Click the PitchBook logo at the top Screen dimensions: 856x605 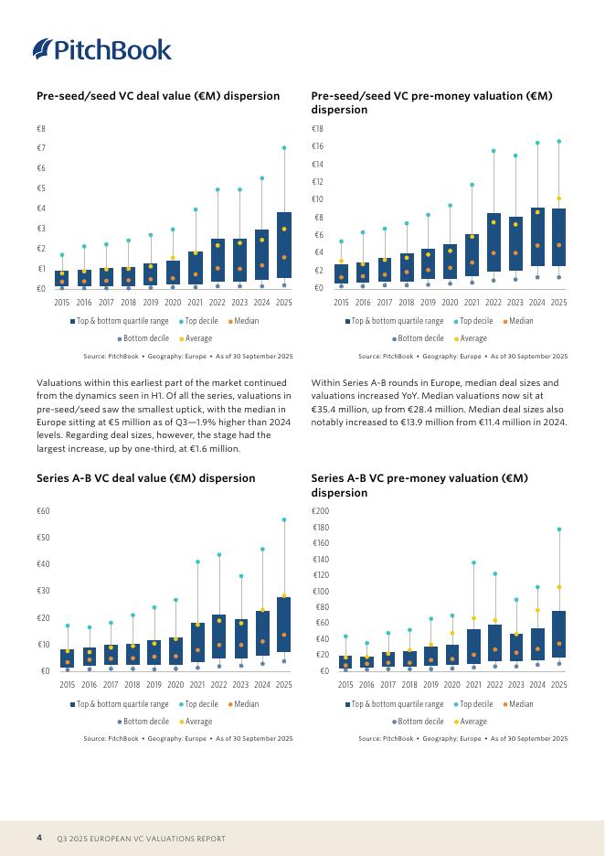click(101, 49)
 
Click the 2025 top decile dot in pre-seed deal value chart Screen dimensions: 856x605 click(284, 147)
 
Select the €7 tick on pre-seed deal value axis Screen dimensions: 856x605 click(41, 148)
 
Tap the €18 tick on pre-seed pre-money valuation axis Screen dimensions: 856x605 click(317, 129)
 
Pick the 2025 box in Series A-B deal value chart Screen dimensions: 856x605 click(284, 625)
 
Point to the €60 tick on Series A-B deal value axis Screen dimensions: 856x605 click(43, 511)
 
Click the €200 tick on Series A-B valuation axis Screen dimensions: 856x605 click(321, 511)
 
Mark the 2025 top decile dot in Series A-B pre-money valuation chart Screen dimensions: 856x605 click(559, 530)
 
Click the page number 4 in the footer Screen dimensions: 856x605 click(39, 838)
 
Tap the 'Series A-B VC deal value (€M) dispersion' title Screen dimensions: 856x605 click(145, 477)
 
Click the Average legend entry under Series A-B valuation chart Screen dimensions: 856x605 click(468, 722)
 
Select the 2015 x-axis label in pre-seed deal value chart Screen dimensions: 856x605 click(62, 302)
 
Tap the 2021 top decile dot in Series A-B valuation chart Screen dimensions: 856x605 click(473, 562)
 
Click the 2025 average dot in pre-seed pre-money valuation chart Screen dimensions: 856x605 click(559, 198)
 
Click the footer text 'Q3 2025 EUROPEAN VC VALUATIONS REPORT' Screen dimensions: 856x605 click(141, 839)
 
